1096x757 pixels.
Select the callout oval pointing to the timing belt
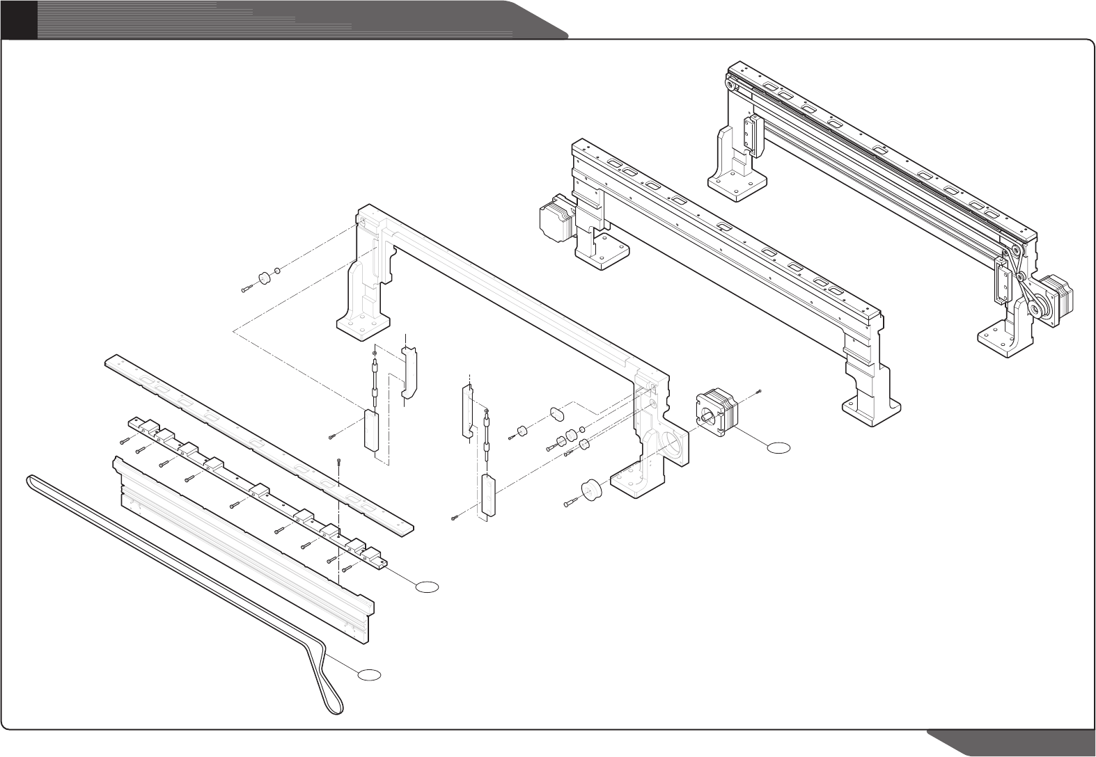coord(370,674)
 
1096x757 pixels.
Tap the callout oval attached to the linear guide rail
coord(428,587)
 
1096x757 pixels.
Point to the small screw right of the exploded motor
coord(760,392)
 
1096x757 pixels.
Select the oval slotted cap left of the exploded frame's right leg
coord(557,414)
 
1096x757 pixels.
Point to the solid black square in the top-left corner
coord(17,19)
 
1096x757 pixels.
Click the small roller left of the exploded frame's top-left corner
coord(265,279)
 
